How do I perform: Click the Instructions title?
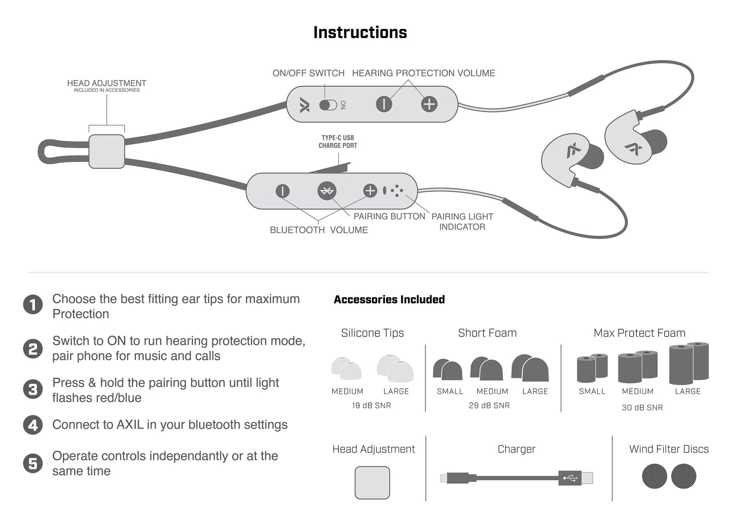click(x=360, y=32)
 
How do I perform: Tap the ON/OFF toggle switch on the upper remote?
click(x=328, y=105)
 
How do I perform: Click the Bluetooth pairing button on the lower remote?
click(x=327, y=191)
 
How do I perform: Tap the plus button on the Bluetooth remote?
click(x=370, y=191)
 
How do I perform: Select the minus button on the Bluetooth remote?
click(x=282, y=191)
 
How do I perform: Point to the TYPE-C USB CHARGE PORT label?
click(x=337, y=141)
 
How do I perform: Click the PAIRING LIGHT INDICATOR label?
click(x=462, y=222)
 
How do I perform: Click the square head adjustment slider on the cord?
click(x=106, y=151)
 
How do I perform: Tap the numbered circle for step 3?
click(x=33, y=390)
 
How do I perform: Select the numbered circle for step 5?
click(x=33, y=463)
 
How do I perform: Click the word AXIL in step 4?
click(x=130, y=425)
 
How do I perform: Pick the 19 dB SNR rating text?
click(x=371, y=405)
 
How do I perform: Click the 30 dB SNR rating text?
click(x=642, y=407)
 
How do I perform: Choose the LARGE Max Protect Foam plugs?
click(x=688, y=363)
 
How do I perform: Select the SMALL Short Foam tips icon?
click(x=447, y=370)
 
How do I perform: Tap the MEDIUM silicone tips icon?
click(x=346, y=368)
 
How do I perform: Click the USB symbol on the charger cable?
click(x=570, y=477)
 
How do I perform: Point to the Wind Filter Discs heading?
click(x=669, y=449)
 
